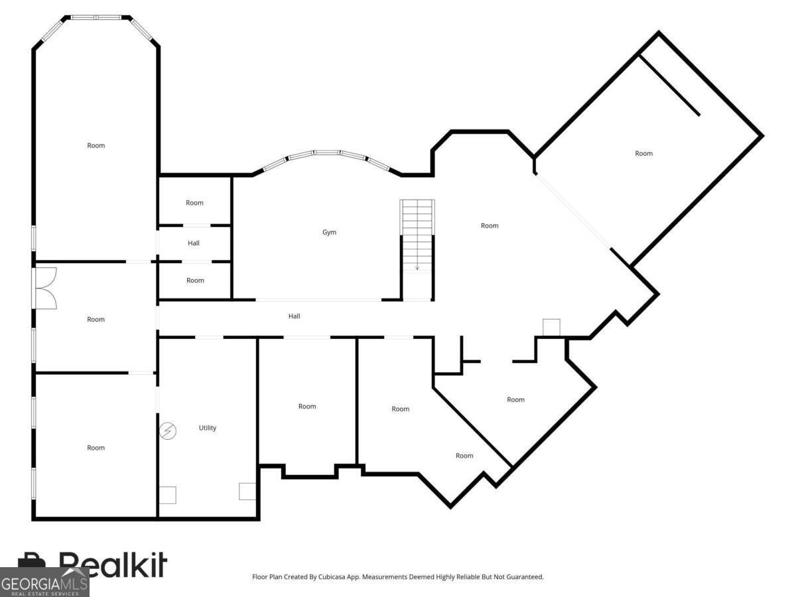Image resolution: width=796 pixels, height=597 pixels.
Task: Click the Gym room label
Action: pyautogui.click(x=329, y=232)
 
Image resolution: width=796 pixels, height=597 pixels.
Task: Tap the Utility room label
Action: pyautogui.click(x=208, y=428)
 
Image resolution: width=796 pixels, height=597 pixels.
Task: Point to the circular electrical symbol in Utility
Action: pyautogui.click(x=168, y=431)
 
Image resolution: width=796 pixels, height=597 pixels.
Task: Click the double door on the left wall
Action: pyautogui.click(x=45, y=288)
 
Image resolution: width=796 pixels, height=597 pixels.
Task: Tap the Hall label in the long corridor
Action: pyautogui.click(x=294, y=316)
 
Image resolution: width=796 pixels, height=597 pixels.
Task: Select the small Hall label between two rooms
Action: pyautogui.click(x=194, y=243)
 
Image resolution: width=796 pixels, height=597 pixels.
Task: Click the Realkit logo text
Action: pyautogui.click(x=113, y=565)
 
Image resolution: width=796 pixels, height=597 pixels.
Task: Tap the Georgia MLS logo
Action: pyautogui.click(x=44, y=583)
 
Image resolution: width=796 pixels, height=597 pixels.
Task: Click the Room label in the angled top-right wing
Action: pyautogui.click(x=643, y=153)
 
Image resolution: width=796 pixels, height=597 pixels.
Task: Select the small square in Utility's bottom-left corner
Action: pyautogui.click(x=168, y=495)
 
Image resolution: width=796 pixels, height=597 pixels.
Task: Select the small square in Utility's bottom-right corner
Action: pyautogui.click(x=247, y=492)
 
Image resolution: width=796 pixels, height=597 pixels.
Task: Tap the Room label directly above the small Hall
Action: pyautogui.click(x=194, y=203)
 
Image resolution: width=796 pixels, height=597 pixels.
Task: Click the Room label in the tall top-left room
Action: pyautogui.click(x=96, y=145)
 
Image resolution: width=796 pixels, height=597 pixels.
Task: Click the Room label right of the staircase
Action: pyautogui.click(x=490, y=226)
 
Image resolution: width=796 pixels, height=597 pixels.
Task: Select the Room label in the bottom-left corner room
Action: pyautogui.click(x=96, y=448)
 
